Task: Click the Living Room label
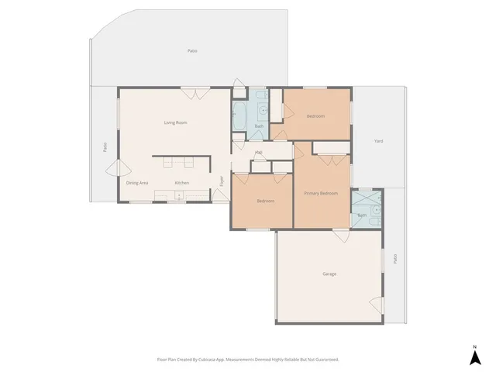[x=175, y=122]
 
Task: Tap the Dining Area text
[x=137, y=182]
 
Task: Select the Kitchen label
[x=181, y=182]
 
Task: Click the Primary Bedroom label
[x=320, y=193]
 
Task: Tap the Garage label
[x=329, y=274]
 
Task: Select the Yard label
[x=378, y=141]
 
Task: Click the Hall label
[x=258, y=152]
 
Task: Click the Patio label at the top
[x=191, y=51]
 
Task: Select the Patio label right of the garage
[x=394, y=258]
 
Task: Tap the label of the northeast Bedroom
[x=315, y=116]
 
